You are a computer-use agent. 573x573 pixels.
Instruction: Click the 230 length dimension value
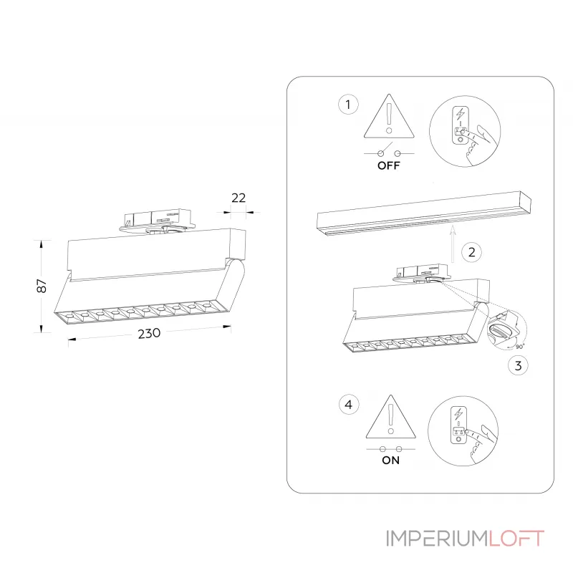coord(149,333)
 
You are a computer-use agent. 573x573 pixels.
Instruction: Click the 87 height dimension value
coord(42,286)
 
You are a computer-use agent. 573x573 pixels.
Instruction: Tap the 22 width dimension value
coord(239,198)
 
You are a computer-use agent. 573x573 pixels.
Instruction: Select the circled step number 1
coord(348,105)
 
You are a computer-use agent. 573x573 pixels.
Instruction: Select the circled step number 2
coord(471,252)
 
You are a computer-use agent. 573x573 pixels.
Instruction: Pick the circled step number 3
coord(518,365)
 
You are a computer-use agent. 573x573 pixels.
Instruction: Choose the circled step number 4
coord(349,405)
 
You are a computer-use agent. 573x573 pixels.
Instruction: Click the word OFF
coord(389,165)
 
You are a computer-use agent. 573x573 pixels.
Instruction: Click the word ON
coord(390,460)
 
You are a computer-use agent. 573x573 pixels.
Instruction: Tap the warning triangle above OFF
coord(389,117)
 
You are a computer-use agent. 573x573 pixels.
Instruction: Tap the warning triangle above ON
coord(390,417)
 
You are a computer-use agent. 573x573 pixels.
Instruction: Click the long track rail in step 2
coord(424,213)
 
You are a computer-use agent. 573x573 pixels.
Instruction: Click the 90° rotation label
coord(520,346)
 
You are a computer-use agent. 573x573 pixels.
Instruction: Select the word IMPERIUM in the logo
coord(438,539)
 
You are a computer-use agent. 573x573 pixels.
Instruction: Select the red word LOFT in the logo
coord(516,539)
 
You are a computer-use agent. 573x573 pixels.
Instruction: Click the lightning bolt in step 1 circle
coord(461,114)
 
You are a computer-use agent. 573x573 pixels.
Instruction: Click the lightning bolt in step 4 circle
coord(458,414)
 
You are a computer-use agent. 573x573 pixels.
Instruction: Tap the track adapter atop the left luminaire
coord(157,220)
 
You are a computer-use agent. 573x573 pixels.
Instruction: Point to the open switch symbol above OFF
coord(389,151)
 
